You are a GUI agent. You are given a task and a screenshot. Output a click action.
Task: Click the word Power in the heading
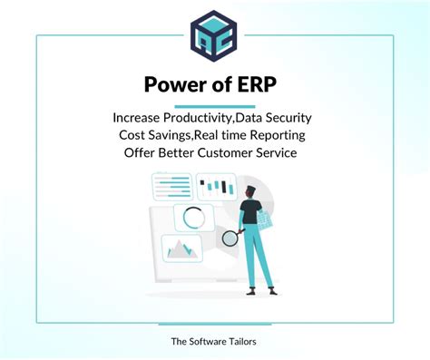coord(172,85)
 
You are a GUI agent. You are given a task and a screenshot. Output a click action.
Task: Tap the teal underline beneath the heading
coord(214,106)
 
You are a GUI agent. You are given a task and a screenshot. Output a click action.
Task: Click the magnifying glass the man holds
coord(229,238)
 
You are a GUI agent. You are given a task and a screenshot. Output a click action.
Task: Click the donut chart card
coord(192,218)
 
